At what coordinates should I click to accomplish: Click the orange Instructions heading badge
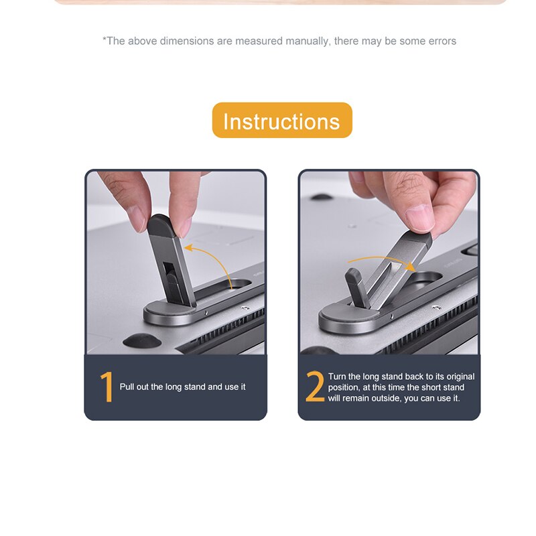click(282, 121)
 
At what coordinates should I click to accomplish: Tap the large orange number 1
click(107, 387)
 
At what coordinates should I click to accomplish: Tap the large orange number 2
click(314, 387)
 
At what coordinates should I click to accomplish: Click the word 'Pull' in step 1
click(127, 387)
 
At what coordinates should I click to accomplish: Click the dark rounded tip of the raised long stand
click(162, 226)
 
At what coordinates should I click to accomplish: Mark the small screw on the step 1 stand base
click(206, 312)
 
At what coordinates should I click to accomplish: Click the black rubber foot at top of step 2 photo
click(321, 197)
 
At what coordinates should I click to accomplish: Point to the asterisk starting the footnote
click(105, 39)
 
